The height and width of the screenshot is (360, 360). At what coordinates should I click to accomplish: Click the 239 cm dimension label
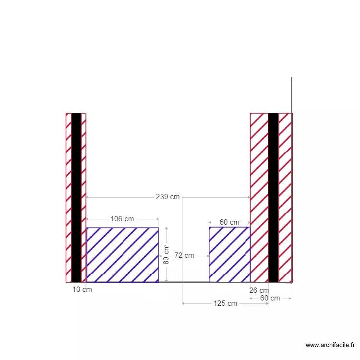click(168, 197)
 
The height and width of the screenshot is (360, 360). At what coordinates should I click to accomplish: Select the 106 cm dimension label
click(122, 219)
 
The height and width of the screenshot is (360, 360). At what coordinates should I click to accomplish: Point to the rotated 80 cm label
click(167, 254)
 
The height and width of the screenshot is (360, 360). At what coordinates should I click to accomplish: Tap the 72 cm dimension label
click(184, 255)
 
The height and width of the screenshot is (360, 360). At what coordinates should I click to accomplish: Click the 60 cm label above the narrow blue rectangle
click(229, 222)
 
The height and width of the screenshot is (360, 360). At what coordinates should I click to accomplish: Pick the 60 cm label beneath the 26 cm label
click(270, 298)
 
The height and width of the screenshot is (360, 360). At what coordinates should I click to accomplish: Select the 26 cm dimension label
click(259, 290)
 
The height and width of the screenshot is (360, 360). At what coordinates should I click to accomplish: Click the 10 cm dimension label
click(82, 289)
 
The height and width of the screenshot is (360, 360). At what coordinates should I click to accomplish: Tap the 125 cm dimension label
click(225, 303)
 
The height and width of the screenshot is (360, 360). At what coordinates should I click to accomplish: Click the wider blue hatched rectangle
click(122, 255)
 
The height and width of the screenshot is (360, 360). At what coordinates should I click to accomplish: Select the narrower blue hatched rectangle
click(229, 255)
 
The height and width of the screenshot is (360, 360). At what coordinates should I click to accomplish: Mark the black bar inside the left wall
click(76, 197)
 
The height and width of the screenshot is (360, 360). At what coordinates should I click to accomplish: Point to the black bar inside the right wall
click(273, 197)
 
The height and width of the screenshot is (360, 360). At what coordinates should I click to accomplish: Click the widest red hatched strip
click(259, 197)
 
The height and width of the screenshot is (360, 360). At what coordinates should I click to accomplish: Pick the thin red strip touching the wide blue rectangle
click(84, 197)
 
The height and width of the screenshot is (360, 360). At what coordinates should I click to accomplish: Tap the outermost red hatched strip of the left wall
click(69, 197)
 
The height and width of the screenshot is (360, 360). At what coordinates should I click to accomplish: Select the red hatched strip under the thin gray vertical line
click(286, 197)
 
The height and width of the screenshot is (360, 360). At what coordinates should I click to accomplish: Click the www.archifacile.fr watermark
click(331, 345)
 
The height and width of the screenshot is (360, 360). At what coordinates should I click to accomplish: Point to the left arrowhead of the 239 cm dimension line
click(88, 197)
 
